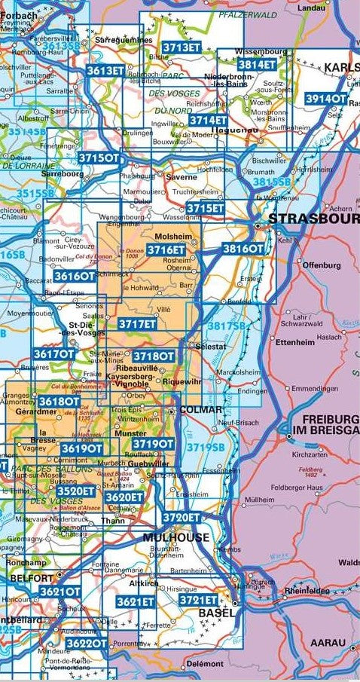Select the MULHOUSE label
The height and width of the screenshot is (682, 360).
177,537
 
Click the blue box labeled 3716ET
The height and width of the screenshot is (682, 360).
166,249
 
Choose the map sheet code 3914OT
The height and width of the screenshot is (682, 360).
326,99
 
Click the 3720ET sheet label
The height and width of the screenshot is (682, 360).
182,517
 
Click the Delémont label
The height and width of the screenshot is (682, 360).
206,664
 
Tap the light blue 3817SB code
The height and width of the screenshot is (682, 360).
227,325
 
